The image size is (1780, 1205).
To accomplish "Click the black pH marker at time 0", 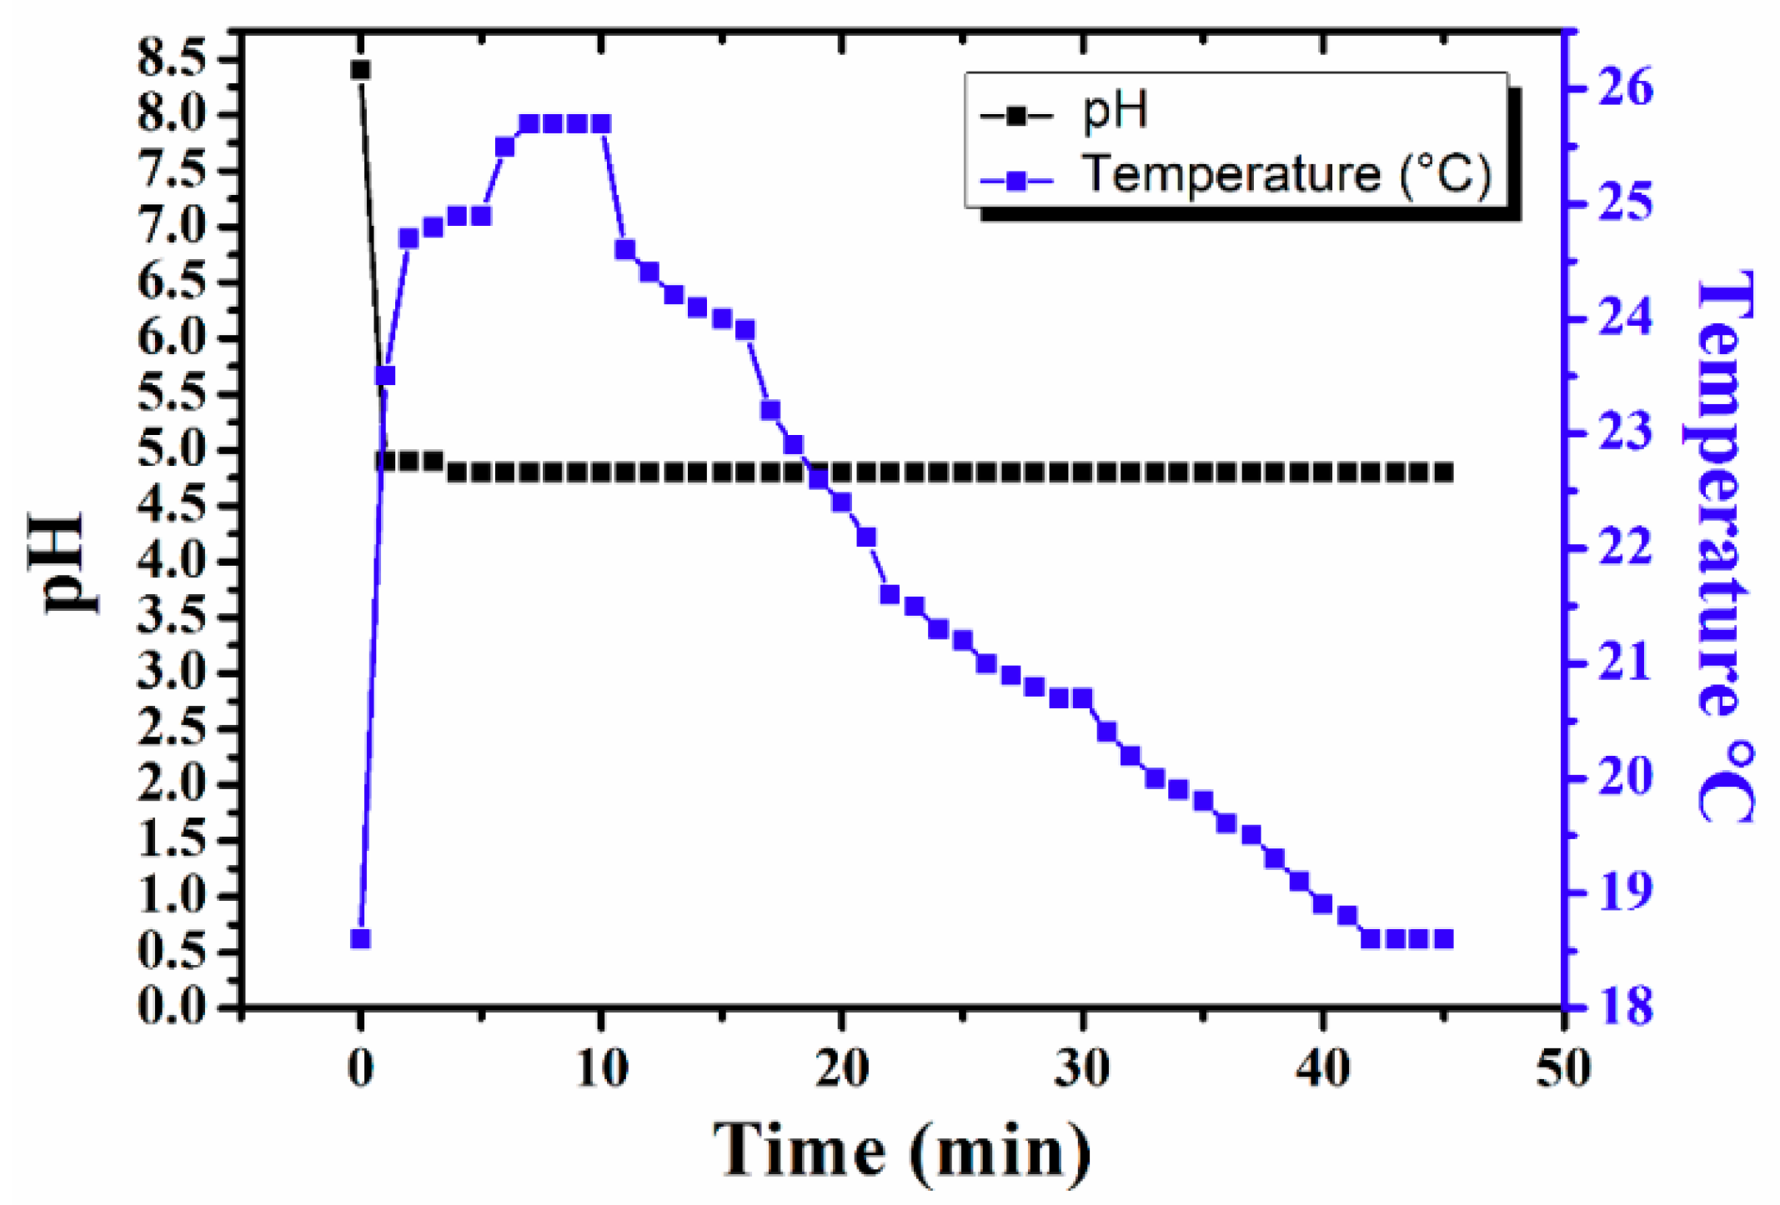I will tap(360, 70).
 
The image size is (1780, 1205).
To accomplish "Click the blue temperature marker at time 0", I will tap(360, 939).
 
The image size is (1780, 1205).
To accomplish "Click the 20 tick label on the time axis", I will tap(840, 1069).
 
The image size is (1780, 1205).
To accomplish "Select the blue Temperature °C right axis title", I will tap(1724, 546).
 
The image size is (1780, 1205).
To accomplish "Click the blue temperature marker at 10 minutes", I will tap(601, 124).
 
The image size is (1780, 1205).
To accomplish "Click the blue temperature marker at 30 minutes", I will tap(1082, 697).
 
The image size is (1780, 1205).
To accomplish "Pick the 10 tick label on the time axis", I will tap(601, 1069).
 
